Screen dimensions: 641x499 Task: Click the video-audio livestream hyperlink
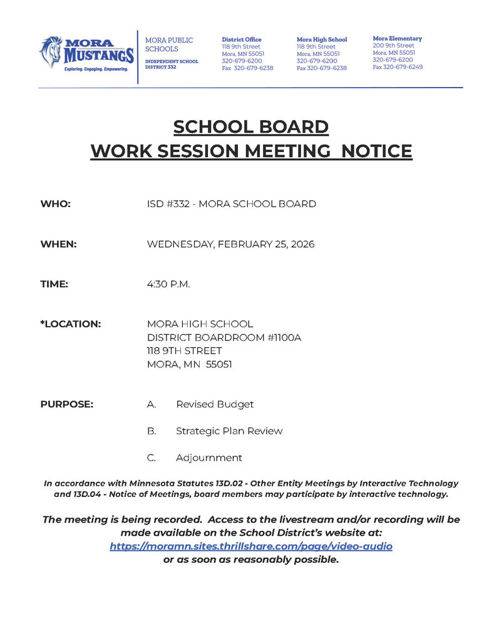(x=251, y=546)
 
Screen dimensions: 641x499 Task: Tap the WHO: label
(x=56, y=203)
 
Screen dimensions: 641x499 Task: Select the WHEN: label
(x=59, y=244)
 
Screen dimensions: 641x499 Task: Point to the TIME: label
(x=54, y=284)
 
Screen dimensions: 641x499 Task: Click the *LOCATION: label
(x=71, y=324)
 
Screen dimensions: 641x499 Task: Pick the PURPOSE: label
(x=67, y=404)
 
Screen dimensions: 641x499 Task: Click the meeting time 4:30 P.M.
(x=168, y=284)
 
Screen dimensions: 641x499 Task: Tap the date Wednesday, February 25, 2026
(x=230, y=244)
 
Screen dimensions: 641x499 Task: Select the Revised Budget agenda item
(x=215, y=404)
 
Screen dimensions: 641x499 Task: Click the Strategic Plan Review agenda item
(x=229, y=431)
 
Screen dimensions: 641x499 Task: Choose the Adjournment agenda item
(x=209, y=458)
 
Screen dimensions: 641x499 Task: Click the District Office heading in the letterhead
(x=242, y=39)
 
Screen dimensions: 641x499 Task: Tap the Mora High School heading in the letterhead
(x=321, y=39)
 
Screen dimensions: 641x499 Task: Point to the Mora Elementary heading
(x=398, y=39)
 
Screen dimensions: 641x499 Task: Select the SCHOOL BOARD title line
(x=251, y=127)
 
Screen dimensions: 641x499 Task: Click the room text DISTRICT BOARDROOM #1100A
(x=224, y=338)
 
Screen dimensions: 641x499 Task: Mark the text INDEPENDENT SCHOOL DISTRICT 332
(x=172, y=64)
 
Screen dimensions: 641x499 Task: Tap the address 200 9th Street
(x=394, y=46)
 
